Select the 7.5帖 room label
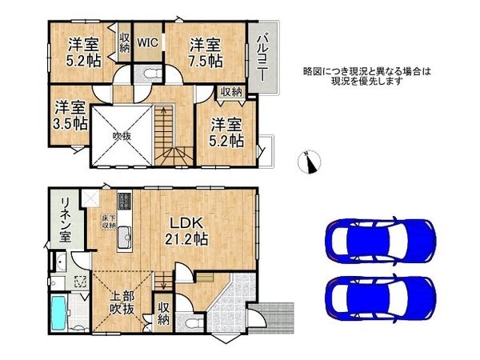206,51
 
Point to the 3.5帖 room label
70,114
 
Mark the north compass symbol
311,162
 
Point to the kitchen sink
125,238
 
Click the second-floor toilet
148,74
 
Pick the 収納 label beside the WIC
125,42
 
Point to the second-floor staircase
170,128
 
